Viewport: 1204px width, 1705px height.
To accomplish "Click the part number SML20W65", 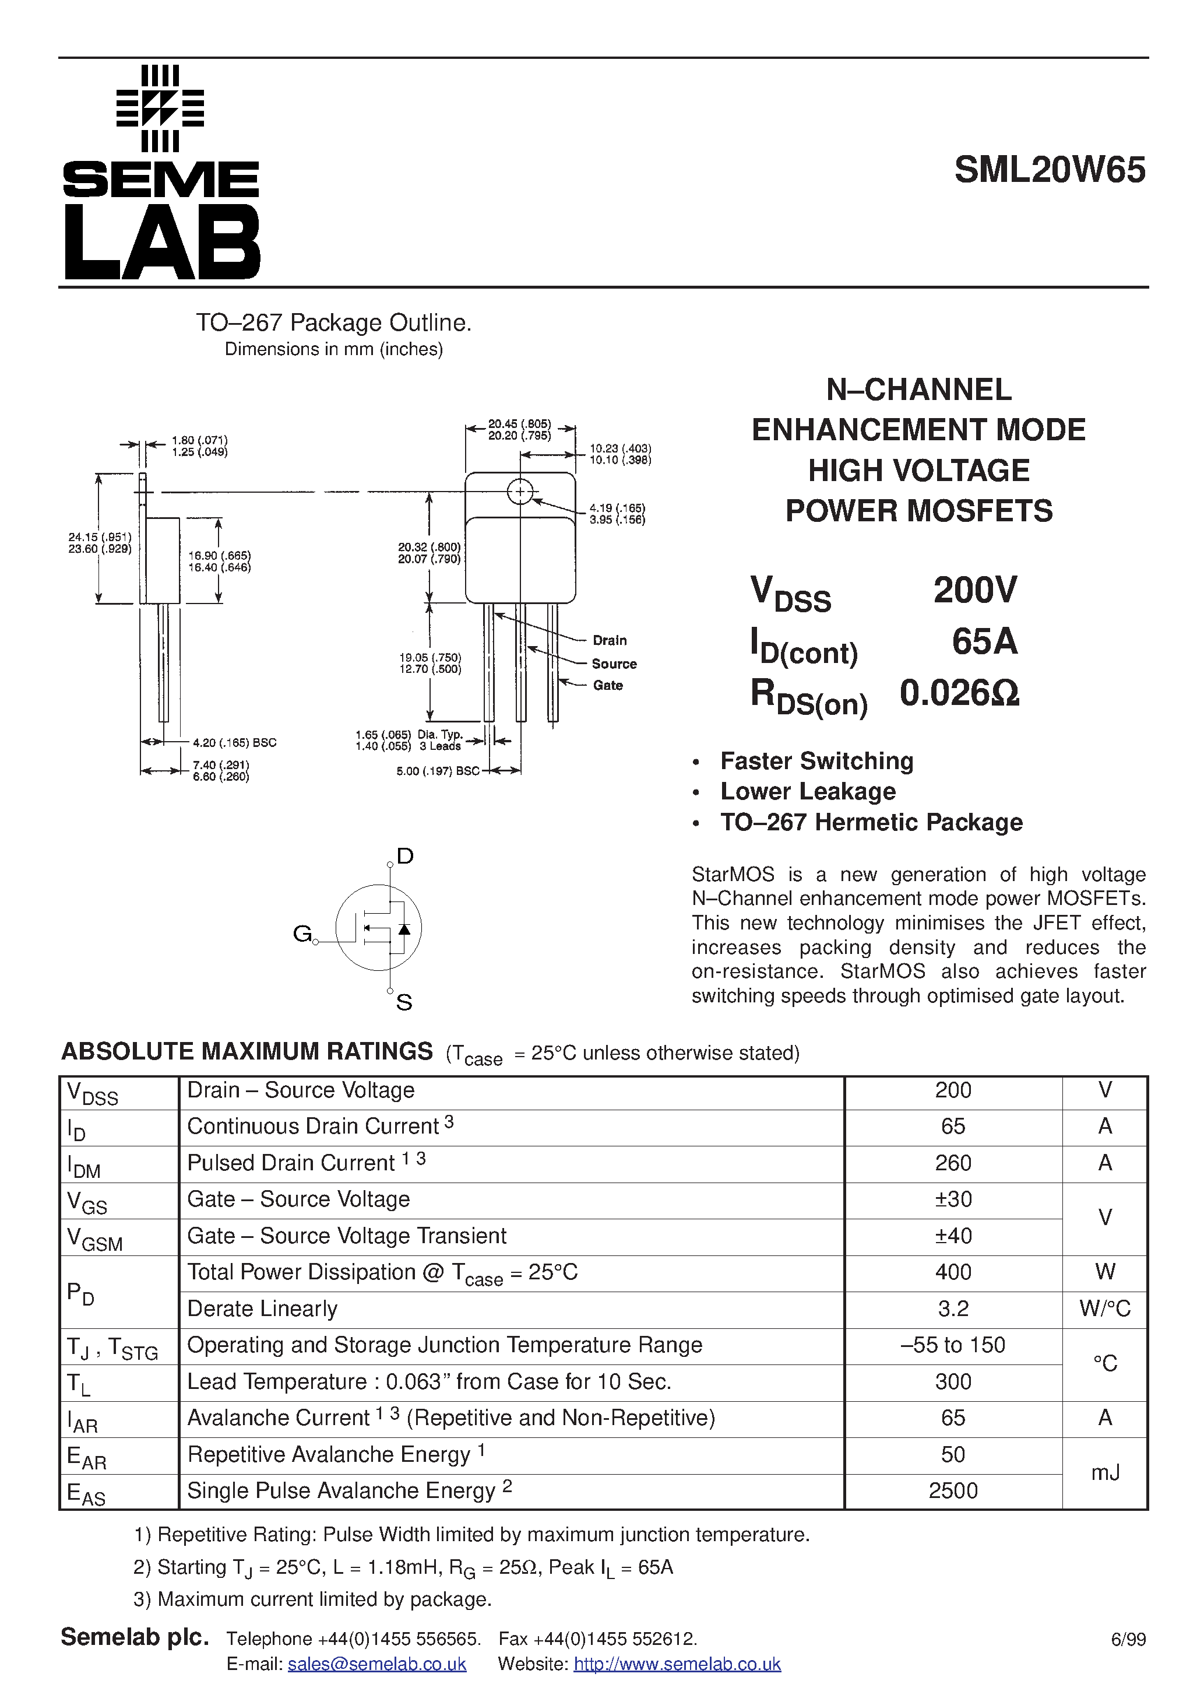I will coord(1049,170).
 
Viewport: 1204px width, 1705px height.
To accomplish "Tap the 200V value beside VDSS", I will coord(974,590).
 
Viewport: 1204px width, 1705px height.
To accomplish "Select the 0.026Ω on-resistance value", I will coord(959,693).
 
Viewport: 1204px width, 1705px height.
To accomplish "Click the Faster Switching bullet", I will coord(816,761).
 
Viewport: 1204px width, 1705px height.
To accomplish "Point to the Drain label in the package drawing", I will coord(610,640).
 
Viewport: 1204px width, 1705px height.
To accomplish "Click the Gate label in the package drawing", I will coord(607,685).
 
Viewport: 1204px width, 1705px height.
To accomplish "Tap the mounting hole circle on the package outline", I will coord(520,492).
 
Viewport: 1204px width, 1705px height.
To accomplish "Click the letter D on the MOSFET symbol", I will coord(404,856).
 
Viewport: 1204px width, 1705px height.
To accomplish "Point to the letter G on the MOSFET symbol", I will coord(301,934).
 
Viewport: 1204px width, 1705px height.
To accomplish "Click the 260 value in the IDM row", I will coord(952,1163).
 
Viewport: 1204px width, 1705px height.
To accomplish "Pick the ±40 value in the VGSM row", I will coord(952,1236).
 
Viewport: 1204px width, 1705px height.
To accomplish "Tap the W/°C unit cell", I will coord(1104,1308).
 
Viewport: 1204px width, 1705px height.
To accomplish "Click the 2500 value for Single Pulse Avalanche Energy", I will coord(952,1490).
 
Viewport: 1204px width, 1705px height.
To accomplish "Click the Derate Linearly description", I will coord(262,1308).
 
